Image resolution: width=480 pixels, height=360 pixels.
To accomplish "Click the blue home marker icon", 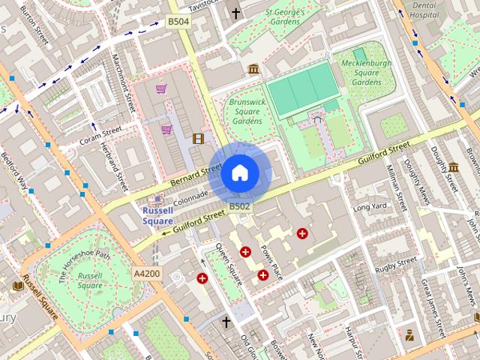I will point(239,173).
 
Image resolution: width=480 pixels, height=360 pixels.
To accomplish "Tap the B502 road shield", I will point(239,206).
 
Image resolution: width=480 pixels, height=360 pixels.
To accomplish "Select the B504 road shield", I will point(178,22).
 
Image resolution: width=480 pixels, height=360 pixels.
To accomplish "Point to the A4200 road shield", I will point(146,274).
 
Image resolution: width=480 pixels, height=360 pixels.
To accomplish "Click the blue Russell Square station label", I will point(157,216).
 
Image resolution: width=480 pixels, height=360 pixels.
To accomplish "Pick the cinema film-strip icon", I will point(198,138).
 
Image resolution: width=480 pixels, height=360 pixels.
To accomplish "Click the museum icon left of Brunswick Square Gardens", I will point(253,69).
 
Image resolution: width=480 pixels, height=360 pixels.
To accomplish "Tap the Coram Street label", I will point(101,135).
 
